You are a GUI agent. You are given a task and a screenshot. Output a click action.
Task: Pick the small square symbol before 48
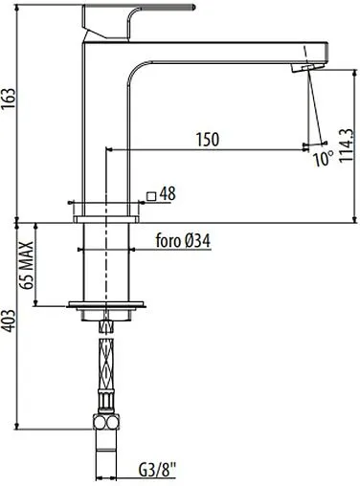[151, 196]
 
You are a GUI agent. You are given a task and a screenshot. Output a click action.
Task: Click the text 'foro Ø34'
[183, 242]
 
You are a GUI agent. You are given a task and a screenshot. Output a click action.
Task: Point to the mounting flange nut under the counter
[106, 307]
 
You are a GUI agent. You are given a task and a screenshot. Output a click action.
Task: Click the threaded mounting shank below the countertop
[106, 263]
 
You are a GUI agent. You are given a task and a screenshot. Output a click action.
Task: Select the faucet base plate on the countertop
[106, 206]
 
